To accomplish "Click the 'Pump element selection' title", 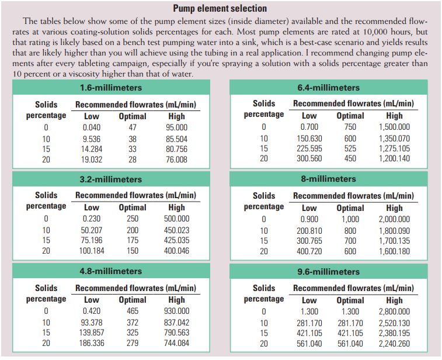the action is pos(220,8).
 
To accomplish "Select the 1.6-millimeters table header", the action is pos(111,88).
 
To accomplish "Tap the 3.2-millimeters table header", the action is pos(111,179).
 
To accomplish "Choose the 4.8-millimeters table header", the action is pos(111,271).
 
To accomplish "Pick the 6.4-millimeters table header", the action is pos(329,88).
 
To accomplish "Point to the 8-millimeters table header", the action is pos(329,179).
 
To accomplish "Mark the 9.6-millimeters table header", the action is pos(329,272).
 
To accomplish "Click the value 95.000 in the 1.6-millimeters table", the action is pos(177,127).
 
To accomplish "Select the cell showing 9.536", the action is pos(92,139).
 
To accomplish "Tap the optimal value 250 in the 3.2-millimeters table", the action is pos(133,219).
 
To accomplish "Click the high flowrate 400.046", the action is pos(177,251).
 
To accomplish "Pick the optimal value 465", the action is pos(133,311).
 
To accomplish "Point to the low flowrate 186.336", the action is pos(92,343).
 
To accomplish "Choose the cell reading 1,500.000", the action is pos(394,127).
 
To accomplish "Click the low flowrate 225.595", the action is pos(309,148).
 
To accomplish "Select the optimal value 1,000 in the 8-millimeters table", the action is pos(350,219).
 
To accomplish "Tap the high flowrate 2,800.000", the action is pos(394,311).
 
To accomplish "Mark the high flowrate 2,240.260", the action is pos(394,344).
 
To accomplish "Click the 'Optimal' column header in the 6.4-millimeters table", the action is pos(350,116).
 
